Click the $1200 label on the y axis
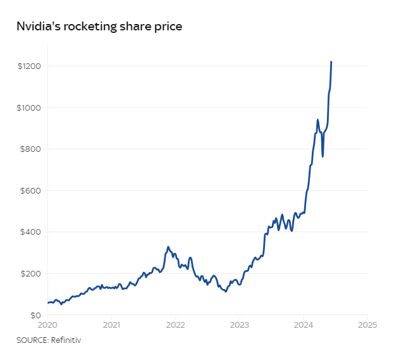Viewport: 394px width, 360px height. pos(30,66)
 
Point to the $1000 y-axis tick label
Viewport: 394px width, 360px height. pos(30,108)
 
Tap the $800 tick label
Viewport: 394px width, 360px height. pos(31,149)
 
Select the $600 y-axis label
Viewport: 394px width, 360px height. pos(31,191)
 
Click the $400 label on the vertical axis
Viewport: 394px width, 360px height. pos(31,232)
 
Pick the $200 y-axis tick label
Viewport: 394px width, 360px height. pos(31,274)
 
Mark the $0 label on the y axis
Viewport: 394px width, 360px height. pos(36,315)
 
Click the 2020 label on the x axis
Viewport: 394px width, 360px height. pos(47,325)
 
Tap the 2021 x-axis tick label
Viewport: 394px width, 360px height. pos(111,325)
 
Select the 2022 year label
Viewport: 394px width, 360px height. pos(175,325)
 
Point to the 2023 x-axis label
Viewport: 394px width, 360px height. pos(239,325)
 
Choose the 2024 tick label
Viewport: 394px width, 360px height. pos(304,325)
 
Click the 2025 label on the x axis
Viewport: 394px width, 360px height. pos(367,325)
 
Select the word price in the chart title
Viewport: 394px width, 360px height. pos(168,27)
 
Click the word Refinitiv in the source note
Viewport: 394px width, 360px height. pos(65,340)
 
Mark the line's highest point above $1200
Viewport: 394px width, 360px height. pos(331,62)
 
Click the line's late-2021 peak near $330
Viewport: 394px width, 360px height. pos(168,247)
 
